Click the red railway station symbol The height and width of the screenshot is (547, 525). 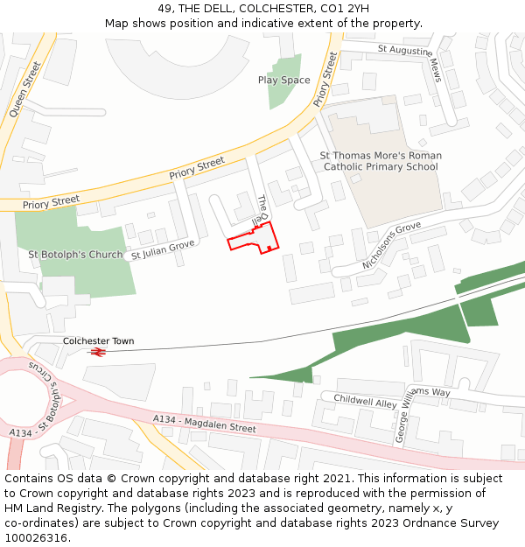[97, 352]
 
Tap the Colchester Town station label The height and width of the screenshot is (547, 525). [98, 340]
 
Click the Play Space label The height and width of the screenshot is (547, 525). [283, 80]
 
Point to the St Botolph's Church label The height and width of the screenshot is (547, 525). [76, 255]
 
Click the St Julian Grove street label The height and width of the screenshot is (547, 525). [163, 249]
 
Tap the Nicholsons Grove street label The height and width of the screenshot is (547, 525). [391, 246]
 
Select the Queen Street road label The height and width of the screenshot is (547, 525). [25, 89]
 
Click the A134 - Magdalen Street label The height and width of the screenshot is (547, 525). [204, 424]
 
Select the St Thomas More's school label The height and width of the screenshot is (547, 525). [380, 161]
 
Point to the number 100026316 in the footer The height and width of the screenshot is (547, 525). [38, 537]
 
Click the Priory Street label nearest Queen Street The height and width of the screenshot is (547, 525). [51, 201]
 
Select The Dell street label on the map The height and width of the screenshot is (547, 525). [262, 209]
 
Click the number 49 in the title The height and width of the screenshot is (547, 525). [164, 9]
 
